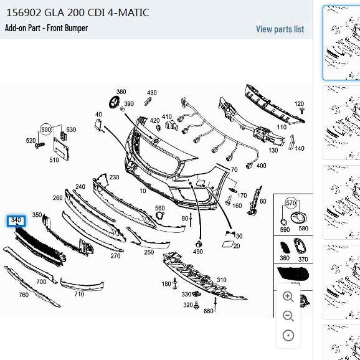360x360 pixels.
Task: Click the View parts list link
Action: (280, 29)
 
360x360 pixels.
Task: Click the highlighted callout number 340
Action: (16, 220)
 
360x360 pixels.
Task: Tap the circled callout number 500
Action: (45, 130)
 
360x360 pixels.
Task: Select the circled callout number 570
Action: (291, 203)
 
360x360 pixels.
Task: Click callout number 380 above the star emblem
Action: (121, 92)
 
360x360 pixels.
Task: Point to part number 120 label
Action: (299, 104)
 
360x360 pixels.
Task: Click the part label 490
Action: (197, 252)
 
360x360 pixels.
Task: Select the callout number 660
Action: (208, 311)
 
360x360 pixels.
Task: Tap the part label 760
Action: (23, 295)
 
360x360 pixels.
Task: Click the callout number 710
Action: (79, 294)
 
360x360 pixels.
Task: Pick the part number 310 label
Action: (221, 280)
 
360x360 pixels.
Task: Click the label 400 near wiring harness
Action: (261, 166)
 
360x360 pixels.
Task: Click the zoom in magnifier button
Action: (288, 297)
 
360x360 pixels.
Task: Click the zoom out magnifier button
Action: (288, 316)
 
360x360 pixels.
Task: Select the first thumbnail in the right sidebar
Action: (341, 42)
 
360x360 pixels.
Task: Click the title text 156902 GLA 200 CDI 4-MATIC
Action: (77, 12)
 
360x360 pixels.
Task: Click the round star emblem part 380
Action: (115, 103)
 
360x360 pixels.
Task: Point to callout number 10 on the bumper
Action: (143, 191)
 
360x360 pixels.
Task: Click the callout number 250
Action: (148, 252)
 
